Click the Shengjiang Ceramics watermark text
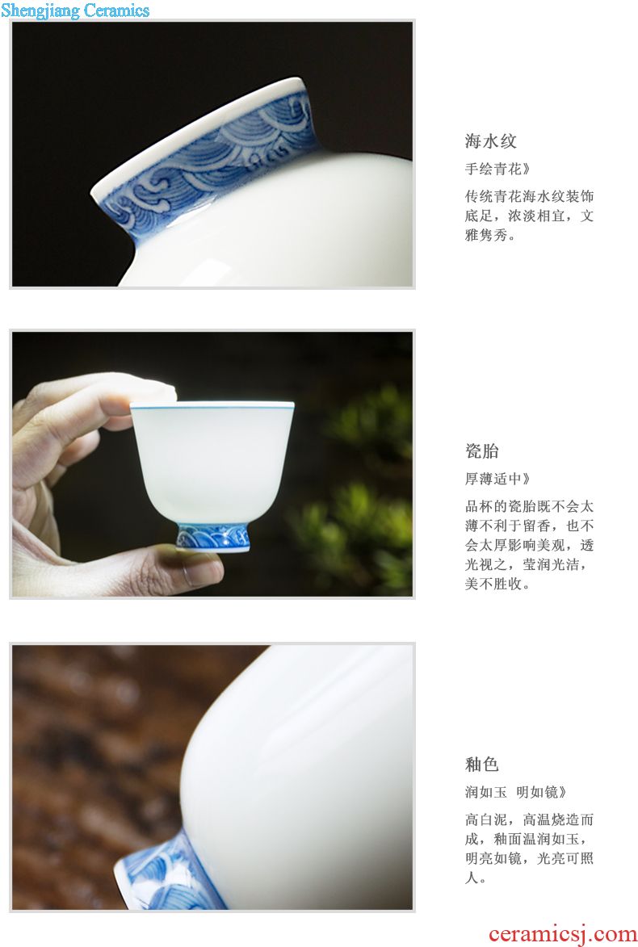coord(75,10)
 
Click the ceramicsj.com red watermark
coord(562,934)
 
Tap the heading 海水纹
coord(490,141)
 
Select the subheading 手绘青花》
coord(497,169)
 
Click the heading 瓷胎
coord(482,450)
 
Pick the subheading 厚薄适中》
coord(497,479)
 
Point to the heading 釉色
coord(482,764)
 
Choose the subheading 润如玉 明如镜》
coord(515,792)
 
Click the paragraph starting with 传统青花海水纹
coord(529,216)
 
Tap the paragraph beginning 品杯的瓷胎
coord(529,545)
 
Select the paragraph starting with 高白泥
coord(529,849)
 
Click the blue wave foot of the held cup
coord(213,537)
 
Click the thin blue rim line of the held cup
coord(212,406)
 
